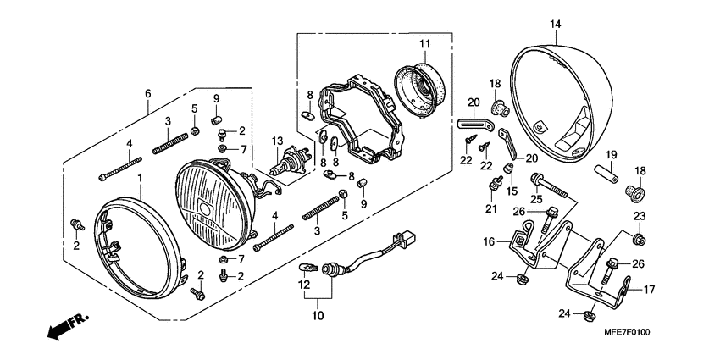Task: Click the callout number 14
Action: pyautogui.click(x=555, y=24)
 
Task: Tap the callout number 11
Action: pyautogui.click(x=424, y=42)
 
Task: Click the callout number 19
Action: pyautogui.click(x=611, y=154)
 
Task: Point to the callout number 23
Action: pyautogui.click(x=640, y=216)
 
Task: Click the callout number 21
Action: pyautogui.click(x=491, y=208)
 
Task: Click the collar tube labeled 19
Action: pyautogui.click(x=609, y=181)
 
